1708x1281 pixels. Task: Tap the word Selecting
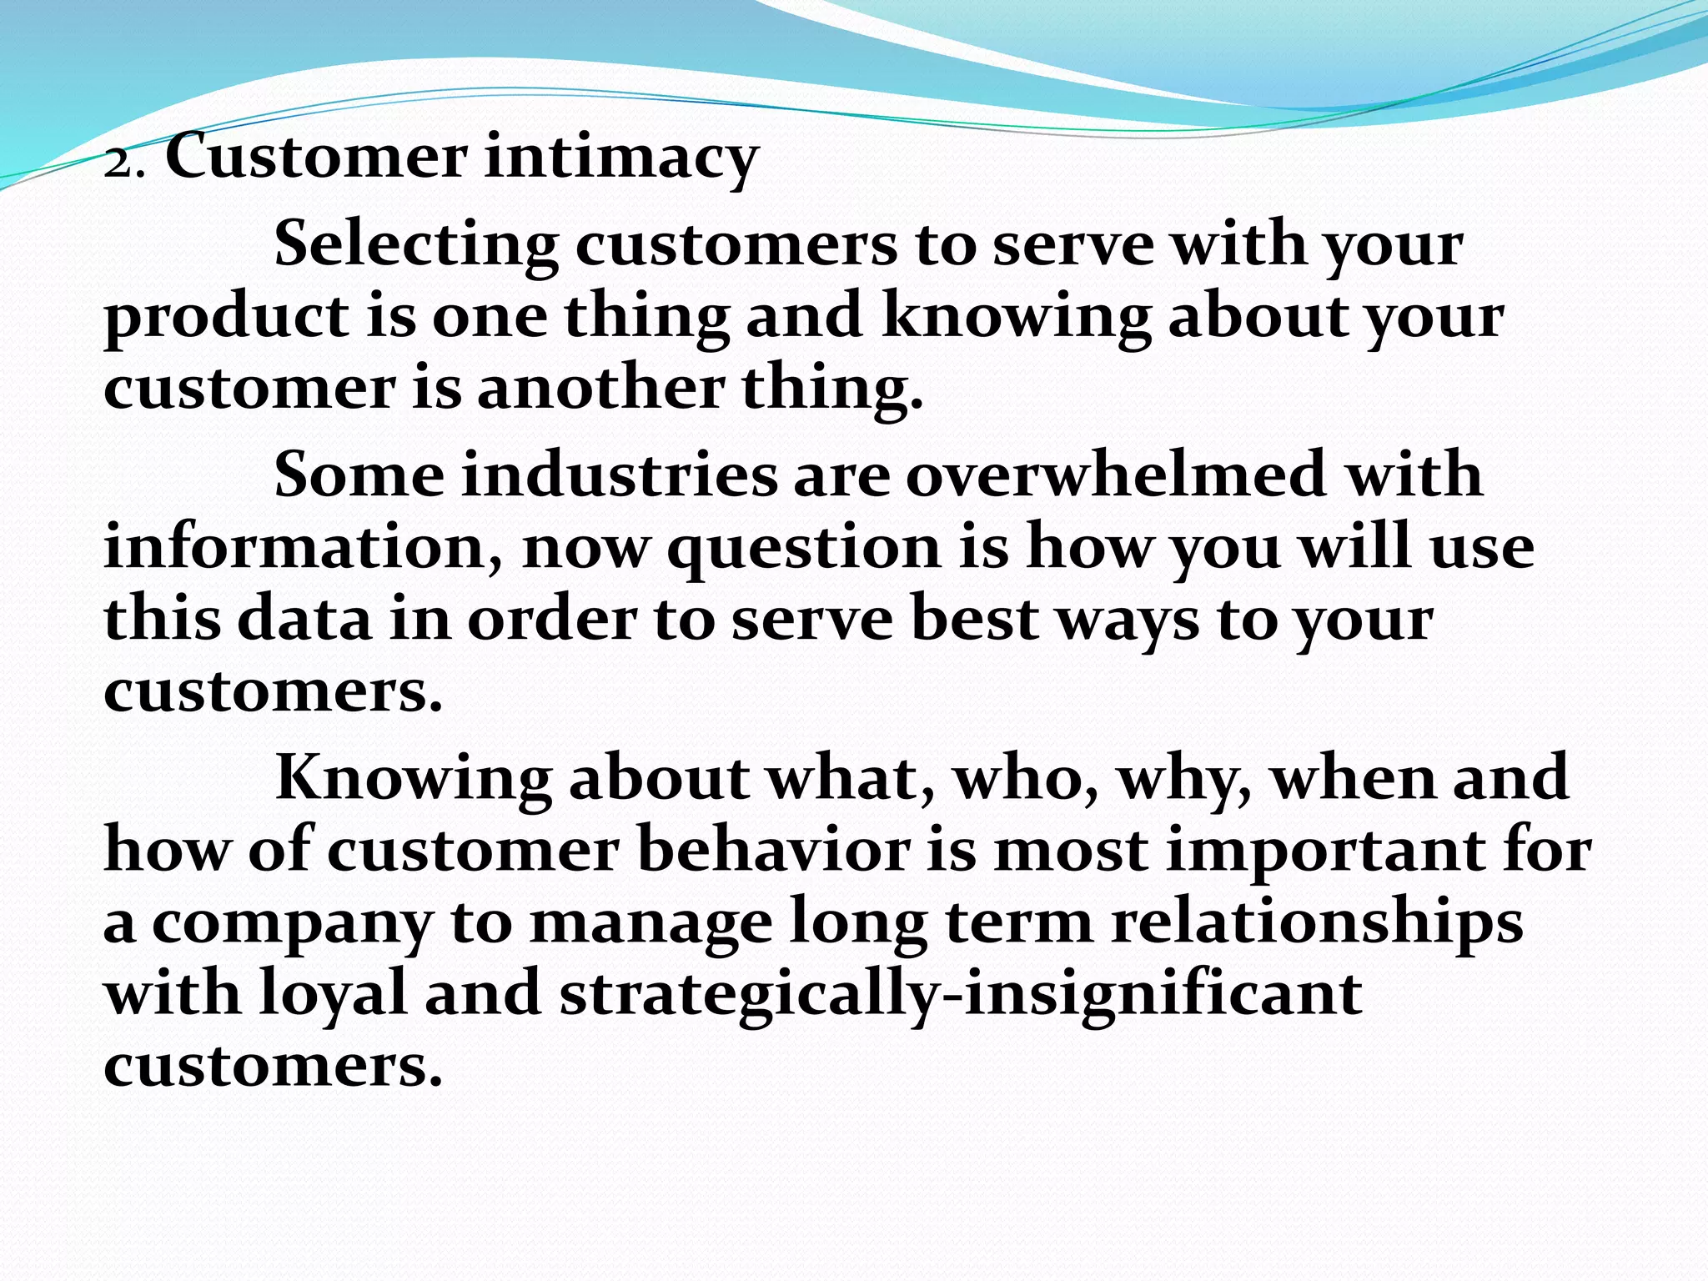tap(416, 246)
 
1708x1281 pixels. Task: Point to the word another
tap(600, 389)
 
